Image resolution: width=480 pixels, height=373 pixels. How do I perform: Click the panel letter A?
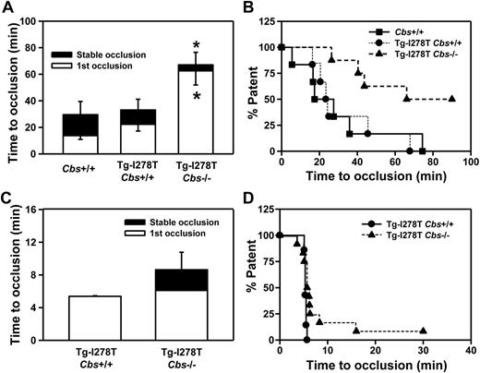8,8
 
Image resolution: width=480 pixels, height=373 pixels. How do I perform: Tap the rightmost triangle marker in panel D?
423,331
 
